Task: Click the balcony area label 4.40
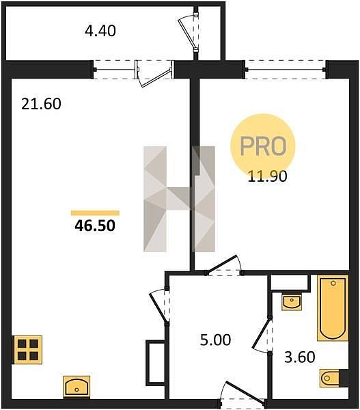(x=100, y=31)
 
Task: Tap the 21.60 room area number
(x=41, y=104)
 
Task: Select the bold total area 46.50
(x=95, y=225)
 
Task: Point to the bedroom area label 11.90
(x=268, y=176)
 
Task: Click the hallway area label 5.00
(x=215, y=340)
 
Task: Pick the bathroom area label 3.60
(x=300, y=357)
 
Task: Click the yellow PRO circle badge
(x=263, y=146)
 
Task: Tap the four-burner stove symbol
(x=28, y=350)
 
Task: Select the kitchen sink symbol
(x=77, y=387)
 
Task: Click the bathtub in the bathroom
(x=333, y=307)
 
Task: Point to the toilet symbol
(x=334, y=378)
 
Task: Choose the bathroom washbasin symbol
(x=292, y=302)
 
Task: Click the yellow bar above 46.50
(x=95, y=213)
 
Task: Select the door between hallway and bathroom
(x=263, y=336)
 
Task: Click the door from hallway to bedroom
(x=224, y=265)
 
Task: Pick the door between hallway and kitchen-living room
(x=160, y=306)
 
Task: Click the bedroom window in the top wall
(x=286, y=70)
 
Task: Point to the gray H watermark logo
(x=180, y=199)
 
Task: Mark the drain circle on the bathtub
(x=333, y=283)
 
